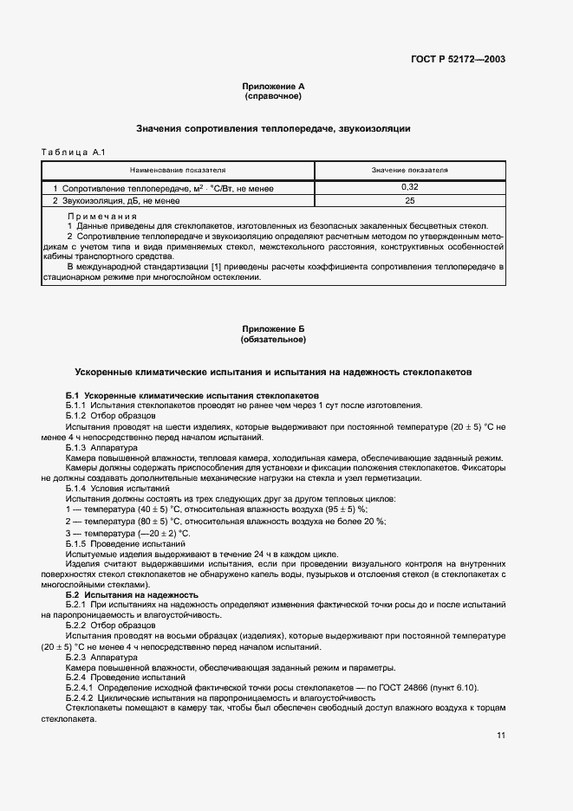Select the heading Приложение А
(273, 87)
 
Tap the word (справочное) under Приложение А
(273, 96)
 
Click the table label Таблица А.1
(73, 153)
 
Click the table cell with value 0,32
(409, 187)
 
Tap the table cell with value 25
(409, 201)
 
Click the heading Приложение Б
(273, 329)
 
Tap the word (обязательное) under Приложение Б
(273, 339)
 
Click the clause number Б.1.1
(77, 405)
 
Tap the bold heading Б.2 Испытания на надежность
(132, 594)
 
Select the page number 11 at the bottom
(501, 736)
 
